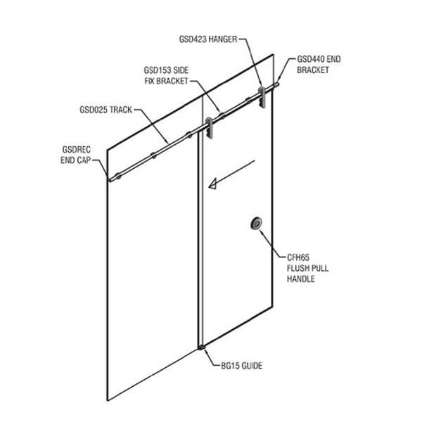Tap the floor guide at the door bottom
tap(203, 347)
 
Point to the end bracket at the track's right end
tap(277, 85)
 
